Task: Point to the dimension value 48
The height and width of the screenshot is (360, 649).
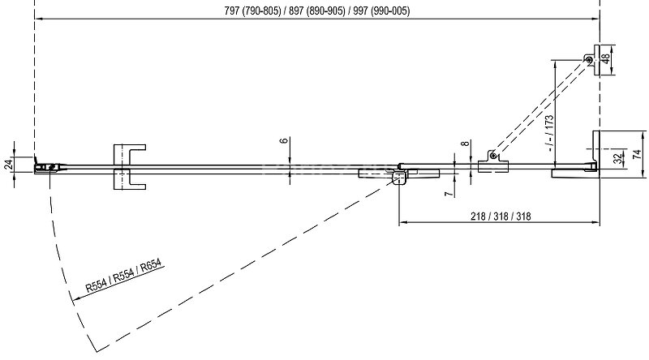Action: tap(604, 59)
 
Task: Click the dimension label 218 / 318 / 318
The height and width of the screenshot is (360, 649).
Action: tap(500, 216)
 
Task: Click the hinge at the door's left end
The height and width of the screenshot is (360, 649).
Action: tap(47, 168)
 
